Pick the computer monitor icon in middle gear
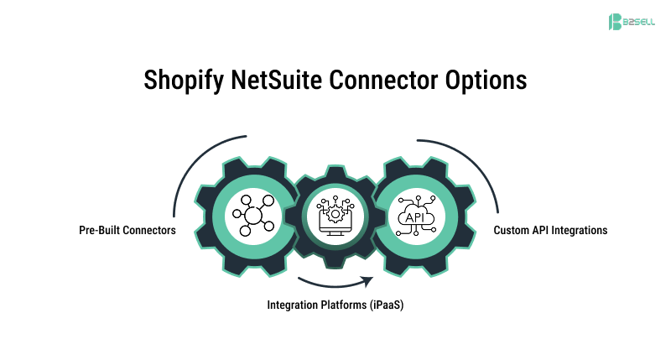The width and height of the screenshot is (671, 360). coord(335,215)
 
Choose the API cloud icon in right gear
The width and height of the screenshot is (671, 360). coord(417,216)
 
